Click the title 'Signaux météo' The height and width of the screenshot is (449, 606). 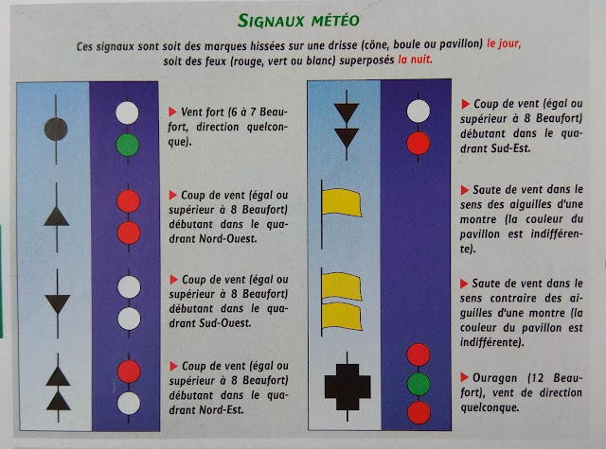coord(298,21)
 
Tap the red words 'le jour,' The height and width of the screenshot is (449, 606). coord(504,43)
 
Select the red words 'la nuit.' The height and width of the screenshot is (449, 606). coord(415,60)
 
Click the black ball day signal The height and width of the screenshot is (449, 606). coord(56,130)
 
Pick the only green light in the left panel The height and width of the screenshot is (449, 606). coord(128,145)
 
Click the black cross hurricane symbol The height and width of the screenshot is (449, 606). coord(348,387)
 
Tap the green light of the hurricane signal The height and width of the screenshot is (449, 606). coord(419,384)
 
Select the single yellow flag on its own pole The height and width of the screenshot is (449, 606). coord(341,202)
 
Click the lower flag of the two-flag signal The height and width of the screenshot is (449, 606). coord(342,317)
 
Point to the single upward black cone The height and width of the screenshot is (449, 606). coord(57,216)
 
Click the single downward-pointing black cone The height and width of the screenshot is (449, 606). coord(58,303)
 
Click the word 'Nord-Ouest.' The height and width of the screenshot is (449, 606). coord(227,239)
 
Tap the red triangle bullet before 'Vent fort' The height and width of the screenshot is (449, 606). coord(172,112)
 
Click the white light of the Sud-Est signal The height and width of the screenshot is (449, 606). coord(419,112)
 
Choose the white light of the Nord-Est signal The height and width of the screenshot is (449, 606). coord(129,404)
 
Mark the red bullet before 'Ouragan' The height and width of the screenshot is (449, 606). coord(464,377)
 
